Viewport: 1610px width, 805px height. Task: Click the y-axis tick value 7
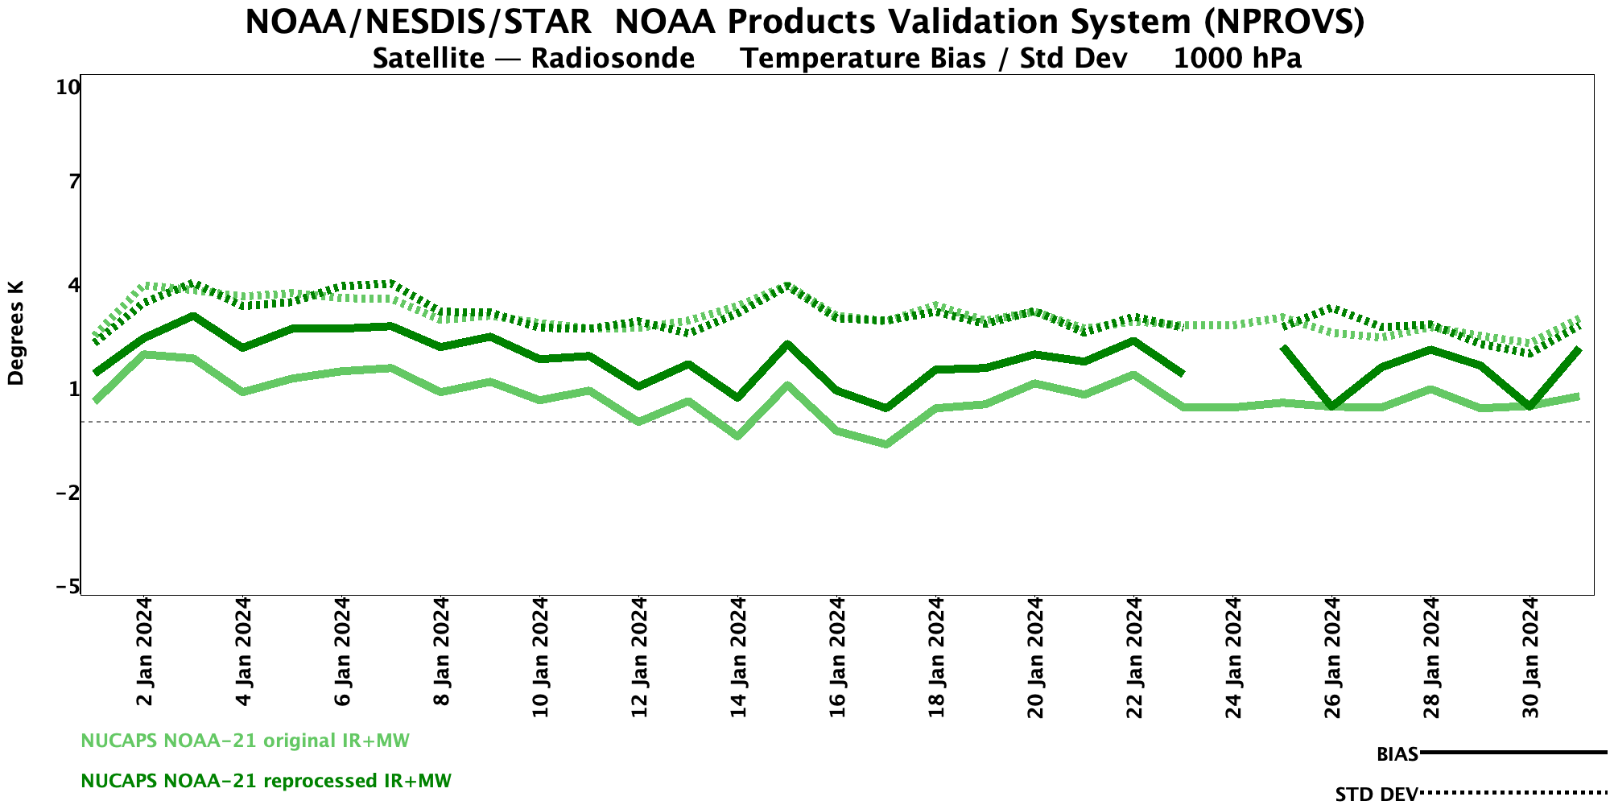74,182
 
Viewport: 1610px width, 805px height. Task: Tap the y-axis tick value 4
74,286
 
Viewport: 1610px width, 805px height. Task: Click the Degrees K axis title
16,333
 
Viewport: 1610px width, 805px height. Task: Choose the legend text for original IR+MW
245,741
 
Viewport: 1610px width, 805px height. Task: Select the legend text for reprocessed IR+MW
266,781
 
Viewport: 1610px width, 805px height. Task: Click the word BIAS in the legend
1397,754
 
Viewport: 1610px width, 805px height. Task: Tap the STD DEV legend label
1376,795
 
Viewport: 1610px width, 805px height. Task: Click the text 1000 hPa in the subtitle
1237,59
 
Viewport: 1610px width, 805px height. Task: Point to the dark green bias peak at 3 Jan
192,316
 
